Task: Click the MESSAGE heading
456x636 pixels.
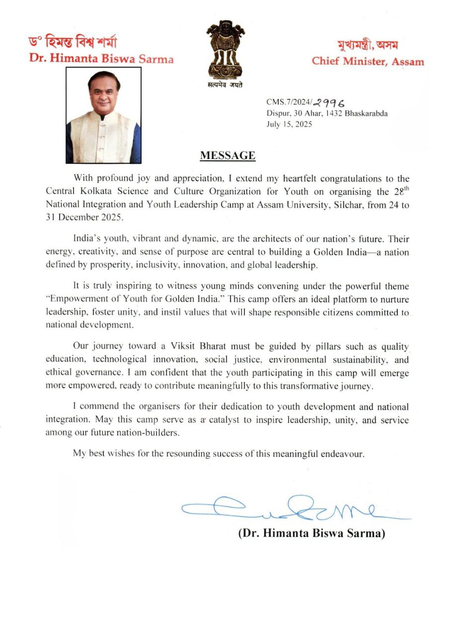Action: [228, 156]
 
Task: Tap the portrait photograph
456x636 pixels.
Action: [103, 115]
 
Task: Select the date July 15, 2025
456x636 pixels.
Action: [289, 124]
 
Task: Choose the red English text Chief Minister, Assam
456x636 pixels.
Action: [368, 62]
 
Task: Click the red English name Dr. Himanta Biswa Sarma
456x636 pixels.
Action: [101, 59]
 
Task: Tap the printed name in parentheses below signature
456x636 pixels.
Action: [312, 534]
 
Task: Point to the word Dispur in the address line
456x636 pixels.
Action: [277, 113]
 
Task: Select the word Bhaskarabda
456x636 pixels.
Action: [367, 113]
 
